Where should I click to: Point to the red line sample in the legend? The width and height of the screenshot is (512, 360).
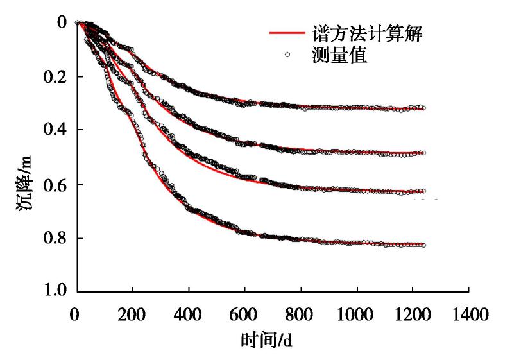point(286,32)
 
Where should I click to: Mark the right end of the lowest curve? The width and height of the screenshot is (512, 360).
point(423,245)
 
